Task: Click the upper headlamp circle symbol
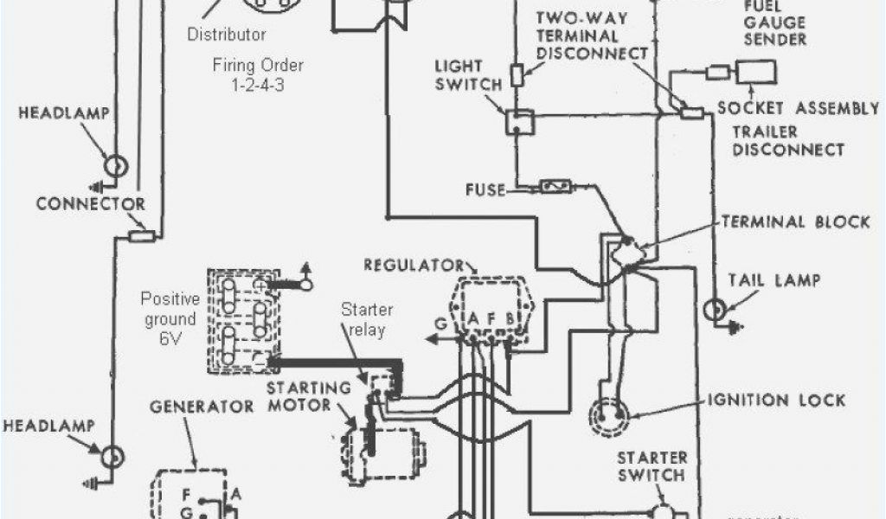click(x=115, y=165)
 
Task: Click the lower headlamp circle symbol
click(x=112, y=456)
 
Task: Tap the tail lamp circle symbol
click(x=715, y=310)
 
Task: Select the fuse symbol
click(x=555, y=186)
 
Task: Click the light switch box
click(x=519, y=122)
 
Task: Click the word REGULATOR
click(x=414, y=264)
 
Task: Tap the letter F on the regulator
click(x=491, y=317)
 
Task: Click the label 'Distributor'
click(x=227, y=35)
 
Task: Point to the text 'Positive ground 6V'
click(x=170, y=319)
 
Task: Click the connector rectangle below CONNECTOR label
click(x=141, y=235)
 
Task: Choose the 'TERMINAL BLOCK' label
click(x=795, y=221)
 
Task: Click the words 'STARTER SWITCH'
click(x=652, y=465)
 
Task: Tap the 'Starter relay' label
click(x=367, y=319)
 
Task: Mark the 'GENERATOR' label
click(x=202, y=406)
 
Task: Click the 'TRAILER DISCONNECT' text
click(x=788, y=140)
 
